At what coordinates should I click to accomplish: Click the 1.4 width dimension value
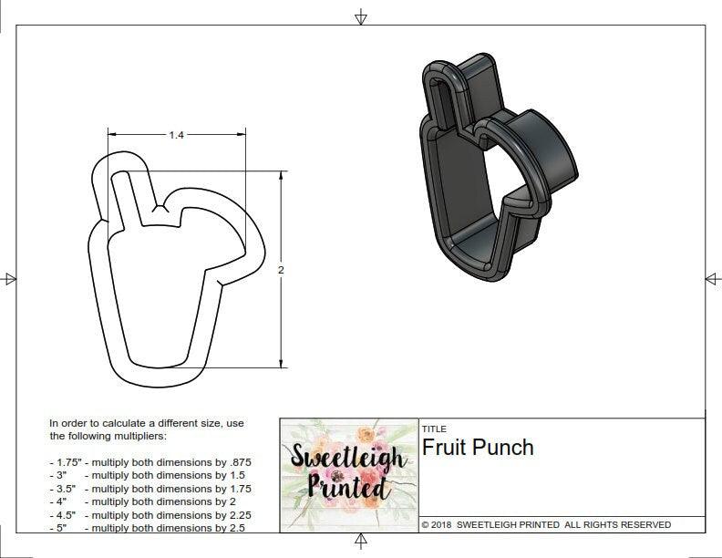point(176,135)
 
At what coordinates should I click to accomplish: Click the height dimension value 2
point(281,270)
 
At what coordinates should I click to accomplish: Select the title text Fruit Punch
point(477,447)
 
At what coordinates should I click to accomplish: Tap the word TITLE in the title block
point(434,429)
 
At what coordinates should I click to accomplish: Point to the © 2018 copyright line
point(546,524)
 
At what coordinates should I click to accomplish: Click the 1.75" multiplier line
point(150,462)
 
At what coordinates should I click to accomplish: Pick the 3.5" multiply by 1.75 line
point(150,489)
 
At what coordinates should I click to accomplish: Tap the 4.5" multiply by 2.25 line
point(150,514)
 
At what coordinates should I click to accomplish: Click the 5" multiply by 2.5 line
point(146,528)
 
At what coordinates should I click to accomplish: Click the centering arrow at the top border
point(361,16)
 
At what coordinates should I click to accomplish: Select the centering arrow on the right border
point(712,278)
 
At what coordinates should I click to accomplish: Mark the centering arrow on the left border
point(9,278)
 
